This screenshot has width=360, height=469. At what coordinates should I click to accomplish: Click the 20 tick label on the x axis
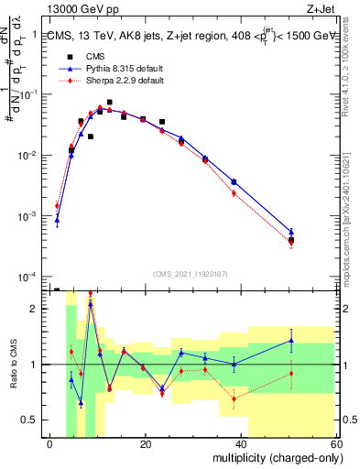point(146,444)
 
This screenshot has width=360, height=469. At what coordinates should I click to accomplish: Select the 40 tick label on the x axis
point(240,444)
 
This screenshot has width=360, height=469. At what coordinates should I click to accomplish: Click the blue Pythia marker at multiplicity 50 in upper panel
point(291,232)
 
